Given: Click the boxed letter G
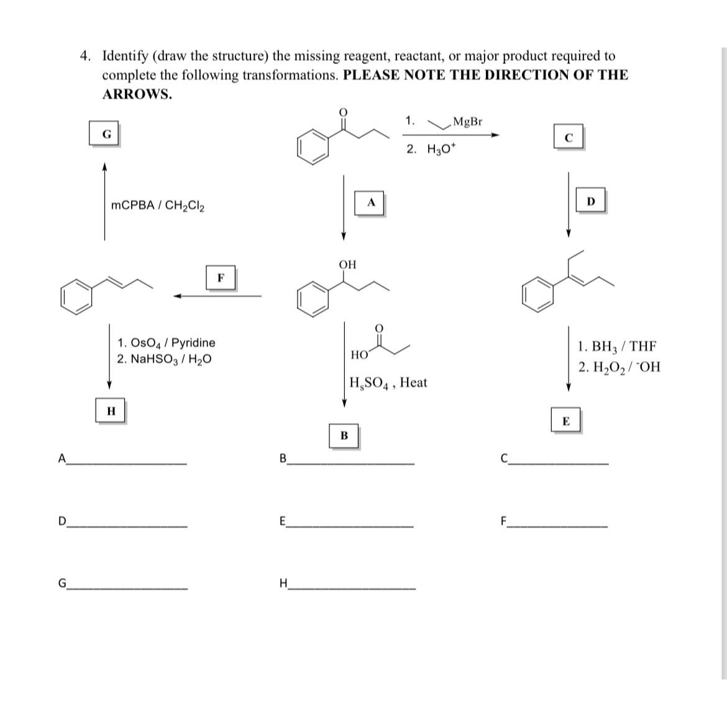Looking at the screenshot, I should (107, 134).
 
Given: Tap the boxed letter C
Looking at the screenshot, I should (568, 137).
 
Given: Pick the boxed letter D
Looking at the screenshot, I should (590, 201).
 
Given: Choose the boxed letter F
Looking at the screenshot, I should (221, 277).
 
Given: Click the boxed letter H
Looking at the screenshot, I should (111, 411).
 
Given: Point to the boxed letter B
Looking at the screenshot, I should (344, 436).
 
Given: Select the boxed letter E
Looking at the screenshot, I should (566, 421).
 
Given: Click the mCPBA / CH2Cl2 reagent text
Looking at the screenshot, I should (158, 205).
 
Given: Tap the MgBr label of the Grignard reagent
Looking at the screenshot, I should (467, 121).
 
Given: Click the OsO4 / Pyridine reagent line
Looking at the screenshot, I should (167, 342).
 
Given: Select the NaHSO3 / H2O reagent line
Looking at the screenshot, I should (164, 359).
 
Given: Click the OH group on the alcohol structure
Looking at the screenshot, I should (347, 265).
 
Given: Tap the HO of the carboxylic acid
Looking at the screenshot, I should (359, 355).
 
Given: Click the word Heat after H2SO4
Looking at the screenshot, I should (413, 382).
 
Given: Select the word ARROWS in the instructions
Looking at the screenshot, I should (137, 94).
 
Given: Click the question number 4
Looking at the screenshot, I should (85, 56).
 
